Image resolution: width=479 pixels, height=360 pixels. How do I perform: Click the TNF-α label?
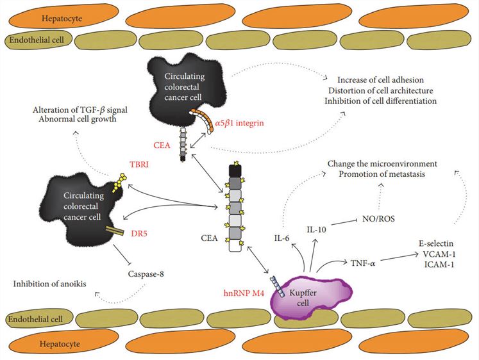(363, 262)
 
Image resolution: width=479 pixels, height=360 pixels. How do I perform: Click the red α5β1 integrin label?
(240, 122)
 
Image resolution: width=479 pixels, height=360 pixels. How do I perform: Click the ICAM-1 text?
(437, 264)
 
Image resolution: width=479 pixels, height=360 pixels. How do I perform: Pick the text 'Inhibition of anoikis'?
(49, 285)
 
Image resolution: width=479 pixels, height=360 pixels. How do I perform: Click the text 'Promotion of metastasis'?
(382, 175)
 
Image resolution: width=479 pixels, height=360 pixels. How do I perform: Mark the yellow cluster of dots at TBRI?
(117, 185)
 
